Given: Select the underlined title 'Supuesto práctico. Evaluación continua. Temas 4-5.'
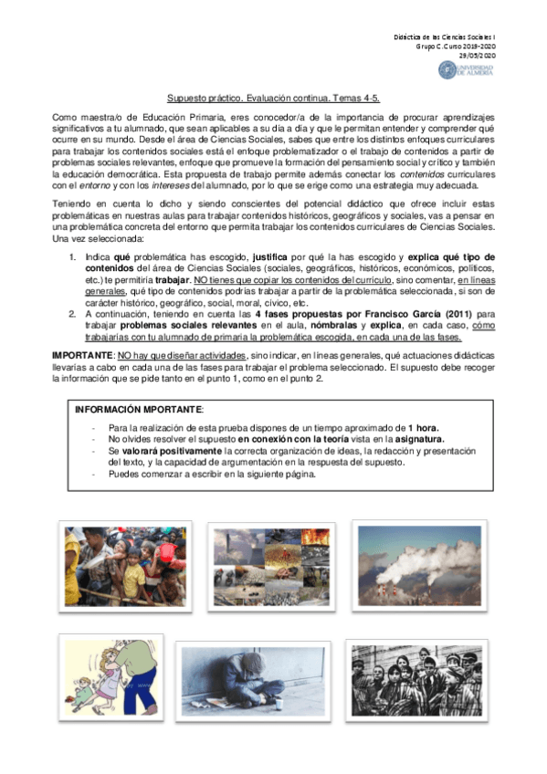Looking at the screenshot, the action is click(x=272, y=98).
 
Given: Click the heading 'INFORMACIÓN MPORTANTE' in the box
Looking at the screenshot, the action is click(x=140, y=410).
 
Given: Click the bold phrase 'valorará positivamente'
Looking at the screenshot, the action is click(x=166, y=451).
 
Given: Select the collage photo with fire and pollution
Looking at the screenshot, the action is click(x=267, y=564).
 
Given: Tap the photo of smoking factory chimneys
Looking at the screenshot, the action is click(x=419, y=564).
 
